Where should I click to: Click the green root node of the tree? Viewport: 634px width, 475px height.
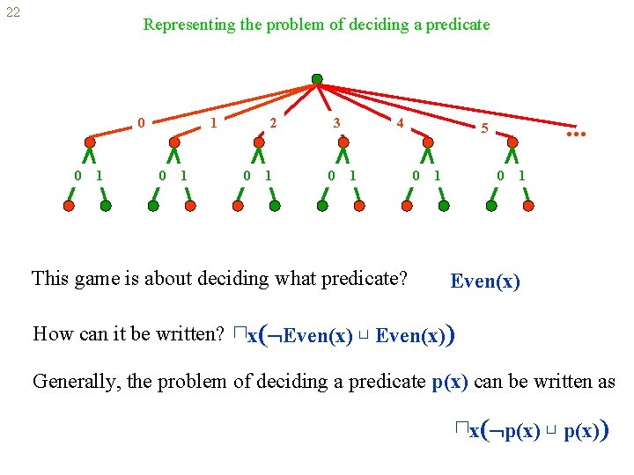point(317,78)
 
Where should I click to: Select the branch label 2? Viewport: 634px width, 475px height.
point(273,124)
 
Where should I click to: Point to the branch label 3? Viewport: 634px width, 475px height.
point(336,124)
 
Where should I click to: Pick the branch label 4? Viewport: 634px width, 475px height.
point(400,124)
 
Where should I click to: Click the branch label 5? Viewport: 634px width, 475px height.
point(484,129)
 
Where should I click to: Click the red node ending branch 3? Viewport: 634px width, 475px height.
point(343,142)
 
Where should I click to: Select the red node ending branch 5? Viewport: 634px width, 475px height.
point(513,142)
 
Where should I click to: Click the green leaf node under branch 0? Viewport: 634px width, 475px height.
point(106,206)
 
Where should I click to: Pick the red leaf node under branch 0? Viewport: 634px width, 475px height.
point(70,206)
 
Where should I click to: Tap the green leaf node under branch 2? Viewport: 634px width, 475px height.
point(275,206)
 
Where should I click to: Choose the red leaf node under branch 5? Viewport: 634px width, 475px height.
point(528,206)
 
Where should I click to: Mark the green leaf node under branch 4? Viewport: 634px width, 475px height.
point(444,206)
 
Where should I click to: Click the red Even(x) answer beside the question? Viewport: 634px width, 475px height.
point(485,282)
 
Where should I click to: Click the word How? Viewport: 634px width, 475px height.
point(52,334)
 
